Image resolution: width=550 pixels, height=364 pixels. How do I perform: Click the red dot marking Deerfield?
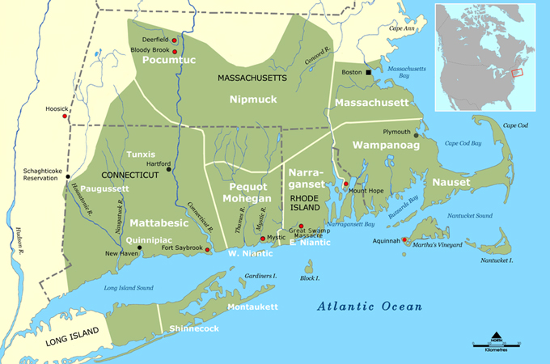174,40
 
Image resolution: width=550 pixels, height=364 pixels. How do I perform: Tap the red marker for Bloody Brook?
174,51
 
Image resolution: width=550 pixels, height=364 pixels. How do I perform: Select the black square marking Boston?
368,72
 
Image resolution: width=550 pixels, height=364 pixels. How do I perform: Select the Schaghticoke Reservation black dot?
68,176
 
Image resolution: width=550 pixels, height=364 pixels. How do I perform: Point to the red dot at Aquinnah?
404,239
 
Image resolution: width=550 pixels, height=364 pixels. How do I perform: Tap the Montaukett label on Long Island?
252,307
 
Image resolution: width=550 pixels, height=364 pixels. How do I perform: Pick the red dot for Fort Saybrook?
208,250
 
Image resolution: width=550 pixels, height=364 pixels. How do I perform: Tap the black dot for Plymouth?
416,135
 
